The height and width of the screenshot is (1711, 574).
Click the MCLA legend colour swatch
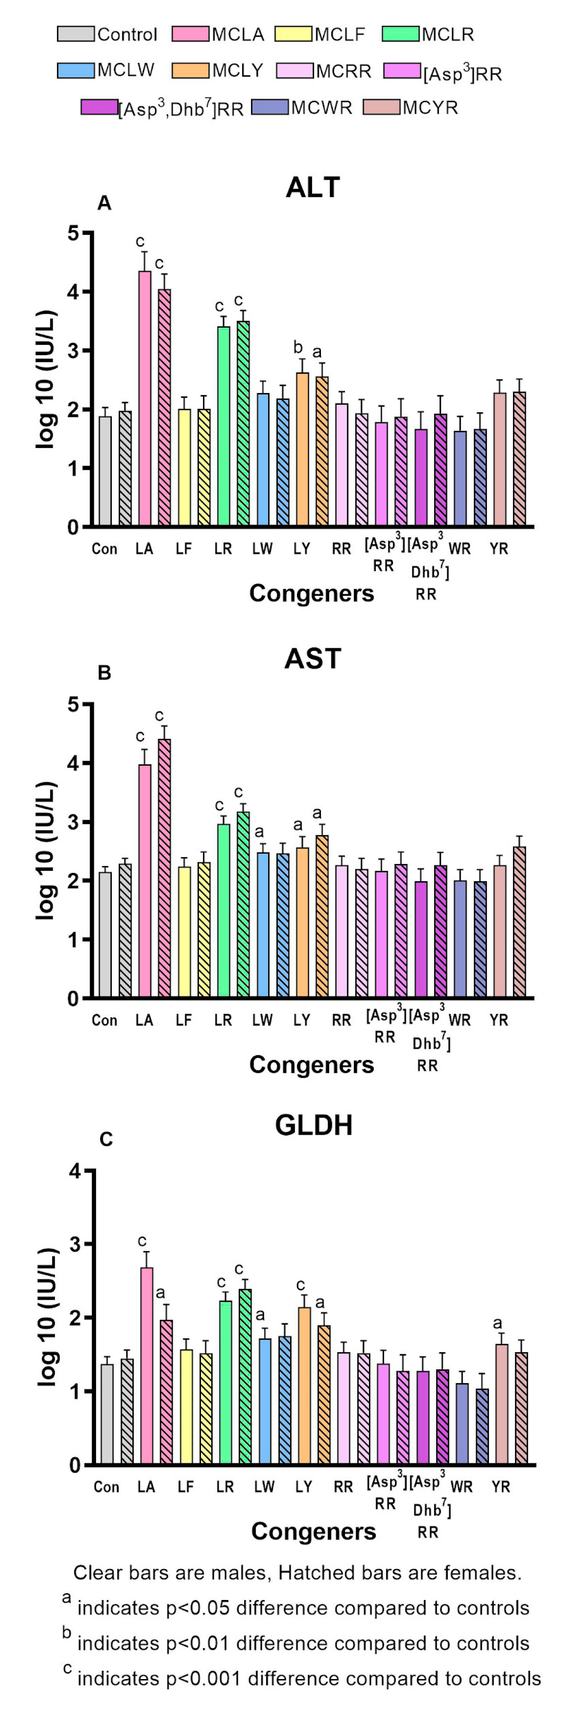(190, 34)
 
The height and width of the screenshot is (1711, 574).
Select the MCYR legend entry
(382, 107)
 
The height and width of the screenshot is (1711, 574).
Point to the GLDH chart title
(313, 1125)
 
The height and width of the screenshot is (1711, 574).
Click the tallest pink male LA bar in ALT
(144, 398)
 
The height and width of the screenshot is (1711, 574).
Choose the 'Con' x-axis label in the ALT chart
(104, 549)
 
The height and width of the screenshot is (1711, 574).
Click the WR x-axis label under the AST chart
(459, 1020)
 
